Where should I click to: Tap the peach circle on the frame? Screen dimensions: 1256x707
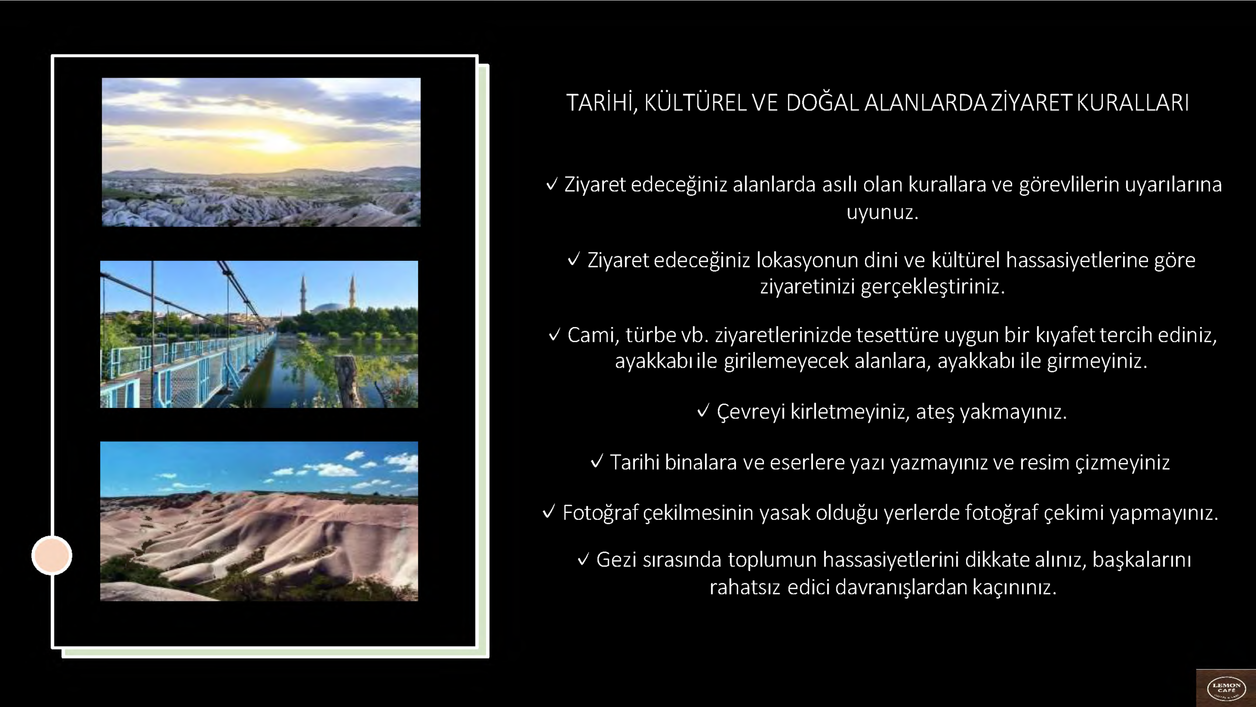pyautogui.click(x=52, y=555)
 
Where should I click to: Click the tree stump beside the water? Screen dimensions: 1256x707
pyautogui.click(x=348, y=381)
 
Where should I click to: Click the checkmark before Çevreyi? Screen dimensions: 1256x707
pyautogui.click(x=703, y=411)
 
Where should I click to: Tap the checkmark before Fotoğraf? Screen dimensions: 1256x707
pyautogui.click(x=549, y=513)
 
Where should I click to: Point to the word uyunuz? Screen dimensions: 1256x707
pyautogui.click(x=883, y=213)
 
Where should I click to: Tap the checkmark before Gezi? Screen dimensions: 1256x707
pyautogui.click(x=583, y=560)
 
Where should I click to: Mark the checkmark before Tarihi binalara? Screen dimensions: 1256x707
pyautogui.click(x=597, y=462)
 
